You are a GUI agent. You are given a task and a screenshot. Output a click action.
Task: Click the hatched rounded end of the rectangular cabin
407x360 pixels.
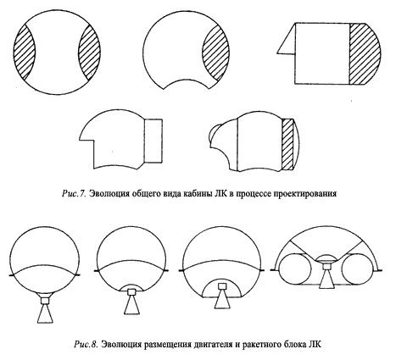[366, 53]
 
